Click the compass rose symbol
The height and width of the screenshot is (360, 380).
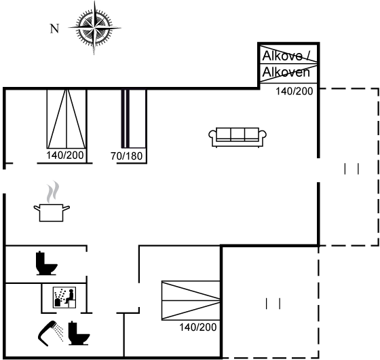[x=94, y=28]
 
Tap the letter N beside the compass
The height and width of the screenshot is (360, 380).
[x=54, y=29]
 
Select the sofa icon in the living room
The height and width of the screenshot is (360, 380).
[x=237, y=137]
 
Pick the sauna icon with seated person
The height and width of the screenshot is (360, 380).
[x=64, y=298]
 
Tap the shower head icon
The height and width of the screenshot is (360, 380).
[x=50, y=333]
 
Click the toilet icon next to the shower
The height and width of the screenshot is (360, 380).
[x=79, y=333]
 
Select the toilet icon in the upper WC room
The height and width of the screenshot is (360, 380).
[x=46, y=264]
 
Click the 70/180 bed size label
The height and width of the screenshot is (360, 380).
[x=126, y=156]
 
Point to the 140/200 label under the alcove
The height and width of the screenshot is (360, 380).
[x=294, y=91]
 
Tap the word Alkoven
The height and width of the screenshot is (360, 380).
[x=286, y=72]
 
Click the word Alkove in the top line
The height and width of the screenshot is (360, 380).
[x=282, y=56]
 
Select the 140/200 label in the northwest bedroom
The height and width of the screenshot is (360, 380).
[x=65, y=156]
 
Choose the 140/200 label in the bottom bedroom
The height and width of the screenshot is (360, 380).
[x=197, y=327]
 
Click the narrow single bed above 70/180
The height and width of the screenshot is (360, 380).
[x=134, y=119]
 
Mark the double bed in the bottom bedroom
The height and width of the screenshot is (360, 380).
[x=191, y=300]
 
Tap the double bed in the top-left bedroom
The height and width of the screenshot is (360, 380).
[x=66, y=119]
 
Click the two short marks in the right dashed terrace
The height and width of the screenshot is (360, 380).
[x=351, y=169]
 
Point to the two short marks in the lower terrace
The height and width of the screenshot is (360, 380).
[x=273, y=304]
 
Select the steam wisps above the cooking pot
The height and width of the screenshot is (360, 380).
[x=53, y=192]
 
